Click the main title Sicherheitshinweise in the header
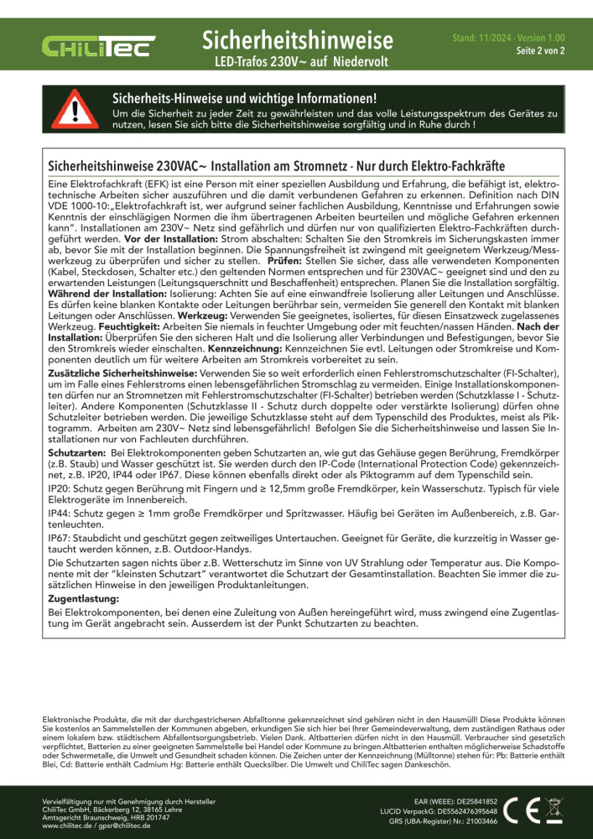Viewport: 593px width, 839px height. tap(298, 39)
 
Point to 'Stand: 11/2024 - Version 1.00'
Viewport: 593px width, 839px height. tap(508, 39)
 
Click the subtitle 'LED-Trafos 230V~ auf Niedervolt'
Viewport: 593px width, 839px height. tap(298, 62)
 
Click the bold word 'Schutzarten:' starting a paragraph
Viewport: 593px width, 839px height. tap(75, 453)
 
